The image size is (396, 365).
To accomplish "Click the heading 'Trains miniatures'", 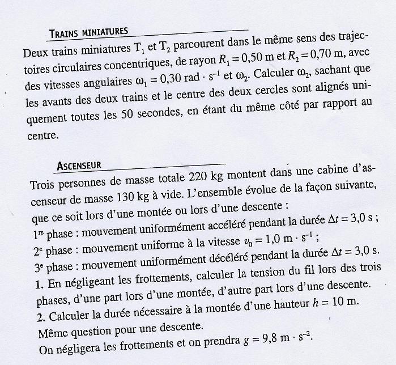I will pyautogui.click(x=90, y=32).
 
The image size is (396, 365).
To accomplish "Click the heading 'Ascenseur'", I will pyautogui.click(x=79, y=166).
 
